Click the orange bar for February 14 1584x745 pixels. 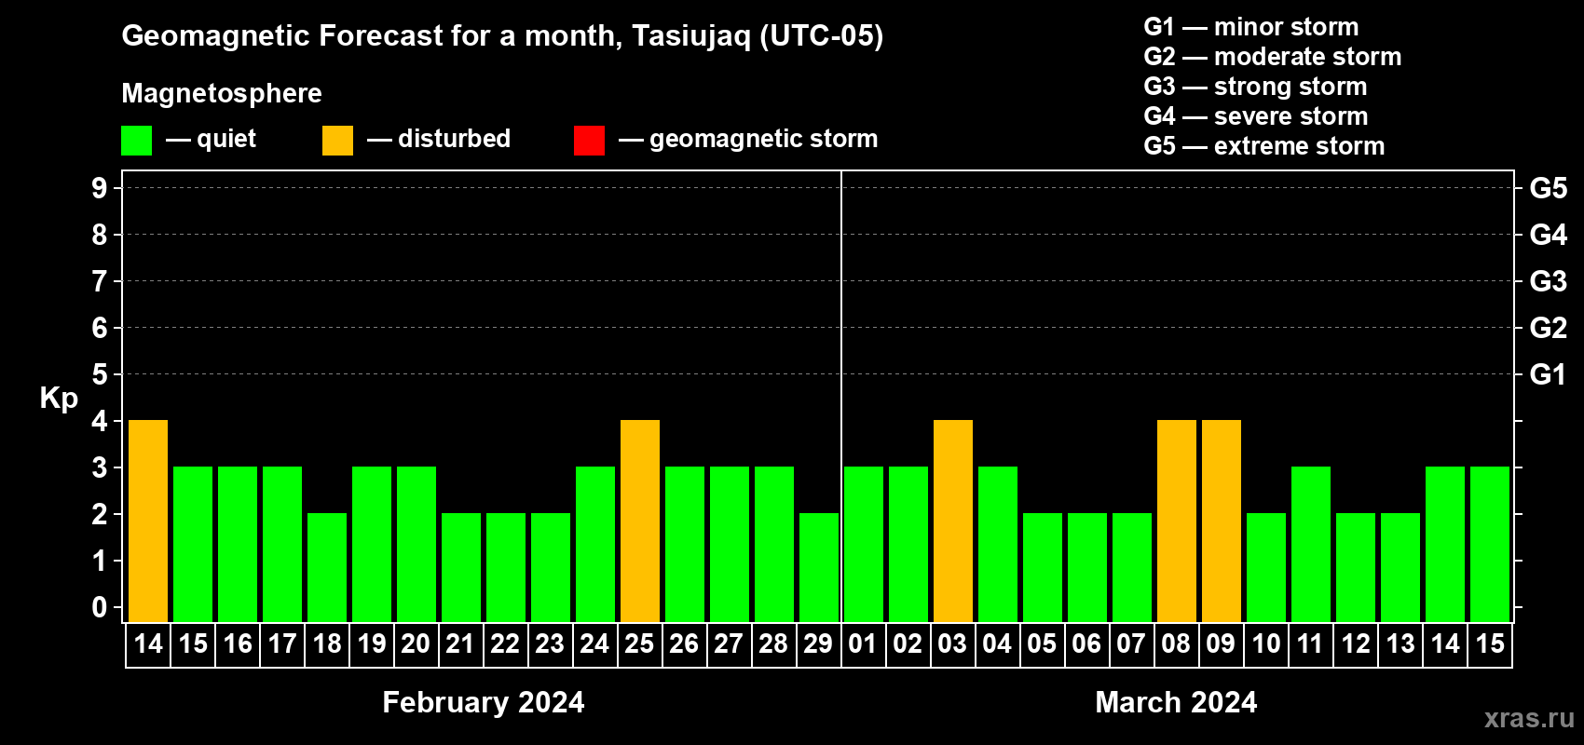click(x=148, y=521)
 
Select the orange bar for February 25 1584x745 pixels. click(x=640, y=521)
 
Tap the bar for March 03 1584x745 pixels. click(x=953, y=521)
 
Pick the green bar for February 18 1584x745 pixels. click(x=327, y=567)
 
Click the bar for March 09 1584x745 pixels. click(x=1222, y=521)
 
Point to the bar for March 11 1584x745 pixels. click(x=1311, y=544)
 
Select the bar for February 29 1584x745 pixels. click(x=819, y=567)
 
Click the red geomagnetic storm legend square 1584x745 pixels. click(x=590, y=140)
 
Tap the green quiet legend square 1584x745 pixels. click(x=136, y=140)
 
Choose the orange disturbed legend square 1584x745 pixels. click(x=337, y=140)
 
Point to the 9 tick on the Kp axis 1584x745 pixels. click(x=99, y=188)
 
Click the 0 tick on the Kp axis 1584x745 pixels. click(x=99, y=607)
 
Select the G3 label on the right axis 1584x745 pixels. click(x=1549, y=281)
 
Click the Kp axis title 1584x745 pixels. click(x=59, y=398)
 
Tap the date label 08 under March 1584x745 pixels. click(x=1176, y=643)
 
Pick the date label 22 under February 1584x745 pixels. click(x=505, y=643)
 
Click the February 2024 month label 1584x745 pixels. click(x=484, y=702)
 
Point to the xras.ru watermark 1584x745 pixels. click(x=1529, y=719)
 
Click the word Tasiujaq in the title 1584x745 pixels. click(x=690, y=36)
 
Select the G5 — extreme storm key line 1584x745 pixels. click(x=1264, y=146)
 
